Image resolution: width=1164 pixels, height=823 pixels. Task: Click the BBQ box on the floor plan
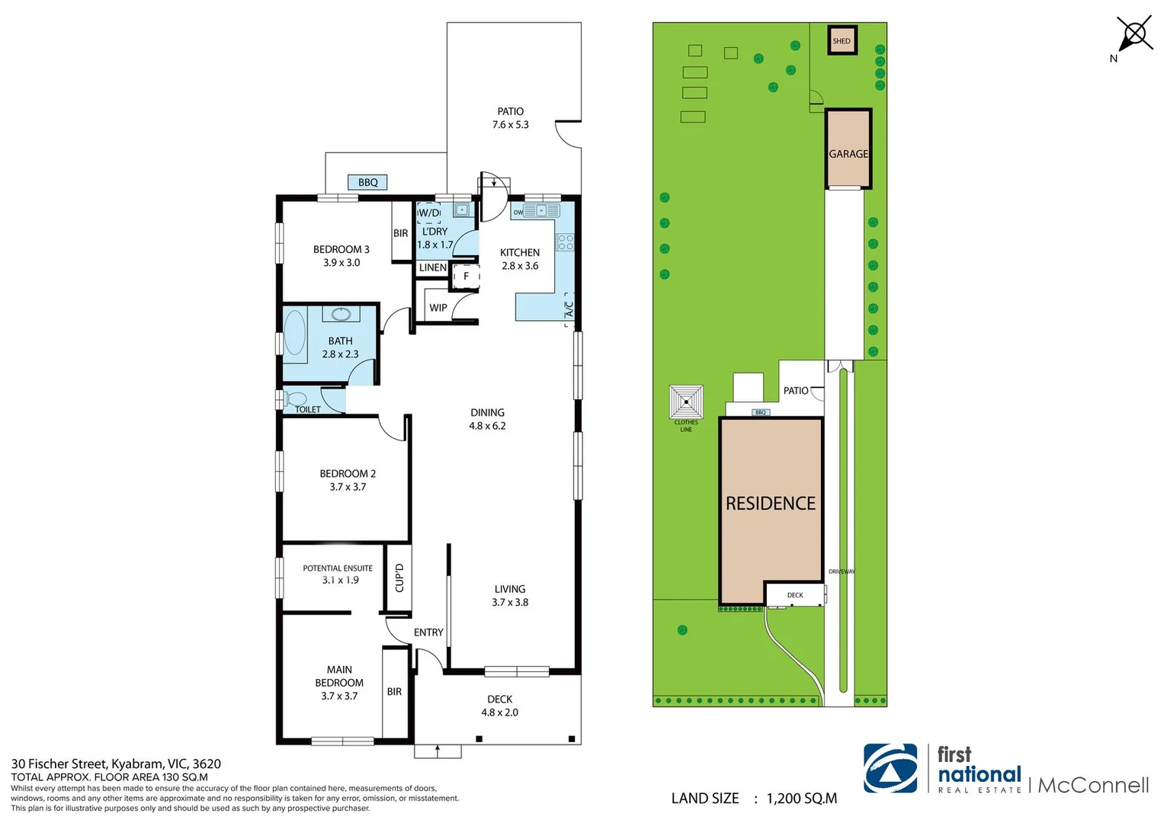(367, 182)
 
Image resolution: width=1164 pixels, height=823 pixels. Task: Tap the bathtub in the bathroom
(295, 333)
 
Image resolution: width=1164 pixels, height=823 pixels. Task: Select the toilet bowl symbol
(295, 399)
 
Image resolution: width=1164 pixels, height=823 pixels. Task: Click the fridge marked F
(466, 277)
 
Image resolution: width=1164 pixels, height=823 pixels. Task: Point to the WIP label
(438, 308)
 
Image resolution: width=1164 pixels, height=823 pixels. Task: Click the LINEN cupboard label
(432, 267)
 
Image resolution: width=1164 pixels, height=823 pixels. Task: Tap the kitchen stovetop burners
(565, 242)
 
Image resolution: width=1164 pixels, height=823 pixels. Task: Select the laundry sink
(461, 210)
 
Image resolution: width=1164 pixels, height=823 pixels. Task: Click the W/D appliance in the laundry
(428, 213)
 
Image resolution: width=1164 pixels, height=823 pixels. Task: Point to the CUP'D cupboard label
(399, 578)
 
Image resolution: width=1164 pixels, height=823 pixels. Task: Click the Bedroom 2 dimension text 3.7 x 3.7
(348, 487)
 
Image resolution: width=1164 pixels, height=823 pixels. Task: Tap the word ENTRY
(428, 632)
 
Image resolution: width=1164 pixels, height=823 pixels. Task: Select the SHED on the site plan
(842, 40)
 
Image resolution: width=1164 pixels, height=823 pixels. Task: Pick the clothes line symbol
(686, 402)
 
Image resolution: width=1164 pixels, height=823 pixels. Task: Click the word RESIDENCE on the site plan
(771, 503)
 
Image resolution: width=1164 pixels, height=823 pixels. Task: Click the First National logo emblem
(890, 768)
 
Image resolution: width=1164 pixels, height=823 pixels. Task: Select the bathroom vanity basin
(341, 314)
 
